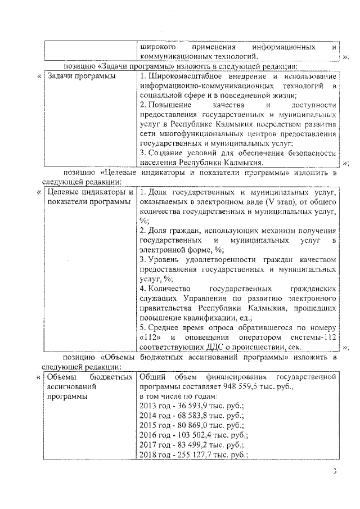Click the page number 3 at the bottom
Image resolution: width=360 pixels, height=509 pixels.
[x=334, y=471]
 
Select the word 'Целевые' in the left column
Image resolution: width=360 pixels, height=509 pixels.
[x=64, y=192]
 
